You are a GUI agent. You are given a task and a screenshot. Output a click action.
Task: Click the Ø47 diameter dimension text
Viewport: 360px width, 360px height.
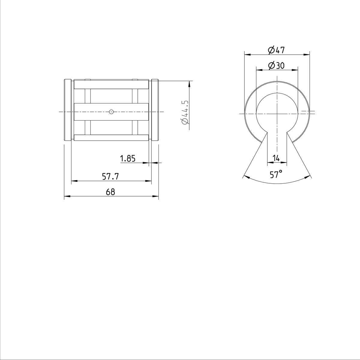(276, 50)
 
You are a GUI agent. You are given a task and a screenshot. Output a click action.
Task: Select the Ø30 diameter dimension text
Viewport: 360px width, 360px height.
(276, 65)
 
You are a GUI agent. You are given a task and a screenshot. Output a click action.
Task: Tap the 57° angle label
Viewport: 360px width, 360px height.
(276, 174)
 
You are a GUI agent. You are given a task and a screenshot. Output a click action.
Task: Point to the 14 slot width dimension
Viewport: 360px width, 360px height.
(276, 158)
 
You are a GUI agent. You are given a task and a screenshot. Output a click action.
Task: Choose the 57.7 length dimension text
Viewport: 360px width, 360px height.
(110, 177)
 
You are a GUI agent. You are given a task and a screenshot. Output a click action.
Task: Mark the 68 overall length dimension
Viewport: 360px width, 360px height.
(110, 192)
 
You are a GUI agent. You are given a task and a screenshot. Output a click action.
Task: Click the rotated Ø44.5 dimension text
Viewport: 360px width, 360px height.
(184, 112)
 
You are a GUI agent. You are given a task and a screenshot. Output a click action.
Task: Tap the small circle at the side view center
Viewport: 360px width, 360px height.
(111, 112)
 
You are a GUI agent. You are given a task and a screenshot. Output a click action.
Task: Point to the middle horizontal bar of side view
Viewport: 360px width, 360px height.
(111, 112)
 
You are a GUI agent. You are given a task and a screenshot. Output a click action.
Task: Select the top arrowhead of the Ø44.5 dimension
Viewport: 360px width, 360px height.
(189, 84)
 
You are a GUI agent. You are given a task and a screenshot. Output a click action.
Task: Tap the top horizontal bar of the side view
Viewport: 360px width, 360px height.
(111, 84)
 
